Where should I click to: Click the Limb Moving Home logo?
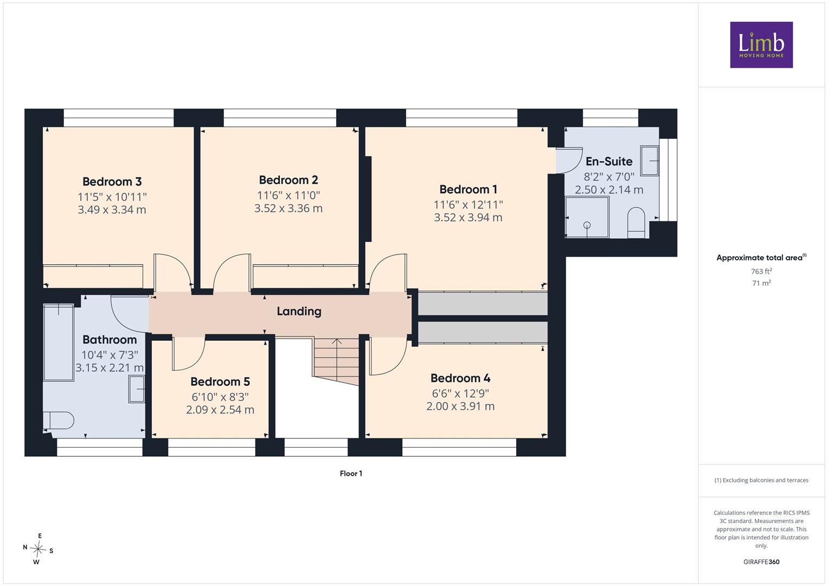761,44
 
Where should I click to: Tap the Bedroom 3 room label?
112,182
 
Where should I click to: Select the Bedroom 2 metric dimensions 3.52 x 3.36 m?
288,208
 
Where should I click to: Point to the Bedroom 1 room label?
468,189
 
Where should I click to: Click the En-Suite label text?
609,162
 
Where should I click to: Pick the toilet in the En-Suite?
636,222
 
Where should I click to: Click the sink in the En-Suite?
650,161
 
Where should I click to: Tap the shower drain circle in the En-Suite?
587,225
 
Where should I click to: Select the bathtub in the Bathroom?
59,342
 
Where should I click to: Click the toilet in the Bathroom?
59,421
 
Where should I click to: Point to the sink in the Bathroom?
137,389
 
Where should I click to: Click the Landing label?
299,311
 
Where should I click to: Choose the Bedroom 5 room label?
220,381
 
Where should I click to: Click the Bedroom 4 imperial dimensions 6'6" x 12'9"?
460,393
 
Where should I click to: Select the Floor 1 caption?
351,474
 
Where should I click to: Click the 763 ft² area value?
761,271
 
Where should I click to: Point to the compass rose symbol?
38,549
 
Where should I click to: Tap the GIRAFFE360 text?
761,562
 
